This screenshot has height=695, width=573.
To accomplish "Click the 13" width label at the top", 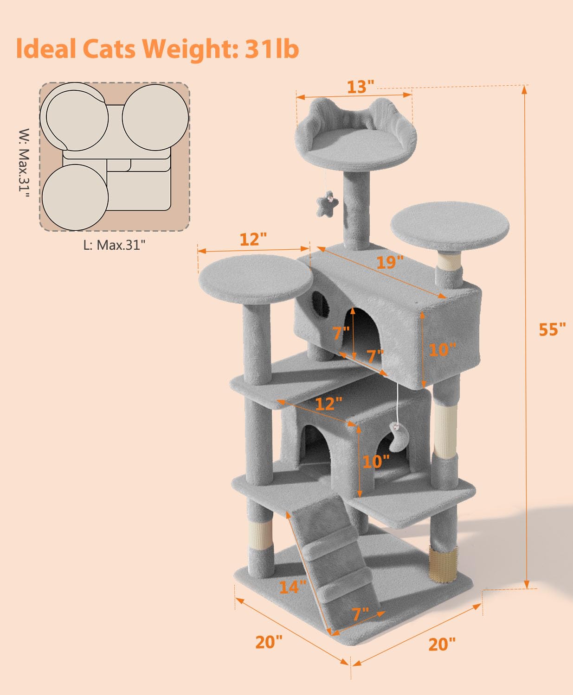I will pos(360,87).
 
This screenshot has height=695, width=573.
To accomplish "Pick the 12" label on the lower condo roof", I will pos(328,404).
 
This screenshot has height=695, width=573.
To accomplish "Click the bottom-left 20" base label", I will pos(269,642).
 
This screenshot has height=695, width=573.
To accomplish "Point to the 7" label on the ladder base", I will pos(360,614).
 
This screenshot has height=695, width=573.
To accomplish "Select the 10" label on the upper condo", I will pos(442,349).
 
